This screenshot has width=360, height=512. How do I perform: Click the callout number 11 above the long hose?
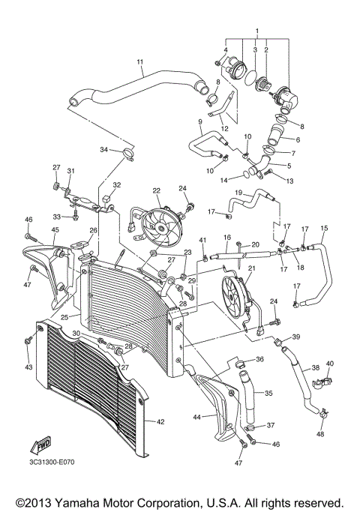pos(139,62)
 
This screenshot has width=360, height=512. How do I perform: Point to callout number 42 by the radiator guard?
pos(159,421)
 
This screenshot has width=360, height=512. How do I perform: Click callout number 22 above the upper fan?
pos(157,191)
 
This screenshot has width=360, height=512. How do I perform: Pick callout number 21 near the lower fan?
pos(251,268)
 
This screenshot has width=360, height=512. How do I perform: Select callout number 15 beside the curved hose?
pos(324,228)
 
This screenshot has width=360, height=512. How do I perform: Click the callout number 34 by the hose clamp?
pos(104,151)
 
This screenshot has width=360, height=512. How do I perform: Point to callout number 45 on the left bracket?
pos(34,230)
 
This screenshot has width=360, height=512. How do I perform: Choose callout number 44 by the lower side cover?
pos(196,417)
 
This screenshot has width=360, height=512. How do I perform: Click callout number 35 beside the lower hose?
pos(268,392)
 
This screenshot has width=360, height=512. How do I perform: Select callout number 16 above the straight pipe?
pos(226,238)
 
